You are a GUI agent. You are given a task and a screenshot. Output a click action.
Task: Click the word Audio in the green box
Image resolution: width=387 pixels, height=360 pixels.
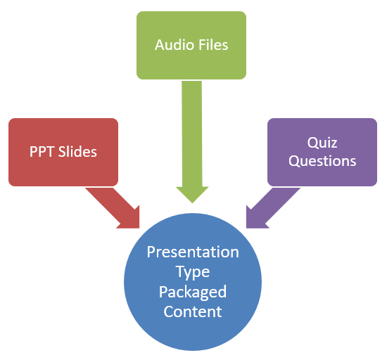pos(172,45)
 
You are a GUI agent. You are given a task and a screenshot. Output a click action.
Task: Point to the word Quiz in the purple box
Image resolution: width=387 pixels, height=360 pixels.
pos(322,143)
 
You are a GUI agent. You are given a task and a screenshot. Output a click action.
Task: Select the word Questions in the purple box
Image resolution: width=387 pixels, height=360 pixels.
pos(322,161)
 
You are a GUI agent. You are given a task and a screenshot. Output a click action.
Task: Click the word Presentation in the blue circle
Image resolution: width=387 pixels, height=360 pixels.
pos(193,252)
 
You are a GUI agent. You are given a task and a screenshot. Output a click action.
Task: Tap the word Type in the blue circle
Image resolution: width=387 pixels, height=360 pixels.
pos(193,271)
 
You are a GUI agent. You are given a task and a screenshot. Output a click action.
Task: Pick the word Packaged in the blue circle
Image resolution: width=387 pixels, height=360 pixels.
pos(193,291)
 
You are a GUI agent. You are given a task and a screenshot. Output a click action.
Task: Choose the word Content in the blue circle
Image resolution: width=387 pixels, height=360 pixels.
pos(193,311)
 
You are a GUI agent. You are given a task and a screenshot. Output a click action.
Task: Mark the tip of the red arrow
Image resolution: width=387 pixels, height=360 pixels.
pos(139,227)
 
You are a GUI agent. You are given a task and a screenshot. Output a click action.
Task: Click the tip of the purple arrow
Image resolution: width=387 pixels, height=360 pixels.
pos(247,227)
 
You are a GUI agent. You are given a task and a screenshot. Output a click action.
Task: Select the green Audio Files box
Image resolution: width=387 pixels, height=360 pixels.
pos(191,44)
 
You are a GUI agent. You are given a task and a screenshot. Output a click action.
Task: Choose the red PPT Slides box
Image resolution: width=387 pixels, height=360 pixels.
pos(63,152)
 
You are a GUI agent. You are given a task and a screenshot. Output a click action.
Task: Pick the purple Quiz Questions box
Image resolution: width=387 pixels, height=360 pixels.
pos(322,152)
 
